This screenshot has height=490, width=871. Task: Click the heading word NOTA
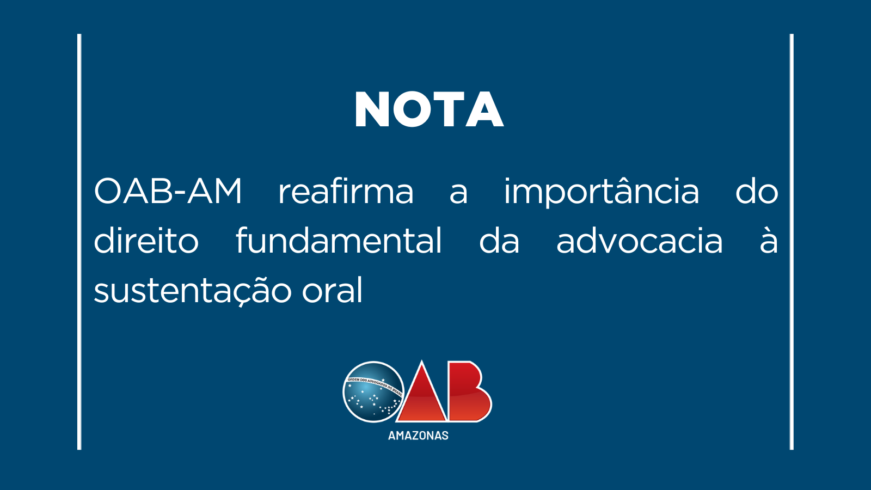[430, 109]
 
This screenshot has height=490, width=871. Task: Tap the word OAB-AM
[168, 191]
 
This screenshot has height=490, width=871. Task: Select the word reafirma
[346, 191]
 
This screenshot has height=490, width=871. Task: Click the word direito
[146, 240]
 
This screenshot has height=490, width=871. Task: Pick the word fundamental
[339, 240]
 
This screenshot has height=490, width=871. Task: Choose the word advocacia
[640, 240]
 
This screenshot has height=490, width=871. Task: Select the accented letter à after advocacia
[769, 240]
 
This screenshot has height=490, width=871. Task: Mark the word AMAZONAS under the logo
[419, 436]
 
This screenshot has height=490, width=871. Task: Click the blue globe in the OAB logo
[373, 391]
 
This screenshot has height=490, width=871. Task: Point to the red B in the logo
[469, 391]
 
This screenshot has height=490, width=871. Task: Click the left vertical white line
[79, 242]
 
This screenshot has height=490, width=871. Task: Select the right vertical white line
[792, 242]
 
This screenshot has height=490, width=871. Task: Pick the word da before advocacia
[499, 240]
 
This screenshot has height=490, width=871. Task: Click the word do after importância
[757, 191]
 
